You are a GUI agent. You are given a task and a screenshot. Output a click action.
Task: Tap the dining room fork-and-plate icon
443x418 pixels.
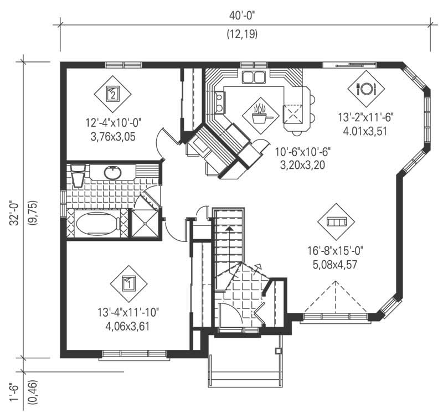366,87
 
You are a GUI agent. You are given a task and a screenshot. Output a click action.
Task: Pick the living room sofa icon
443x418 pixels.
336,221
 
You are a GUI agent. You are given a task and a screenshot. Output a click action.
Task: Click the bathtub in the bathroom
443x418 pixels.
98,225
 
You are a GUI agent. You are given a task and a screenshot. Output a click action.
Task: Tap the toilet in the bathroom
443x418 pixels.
77,176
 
